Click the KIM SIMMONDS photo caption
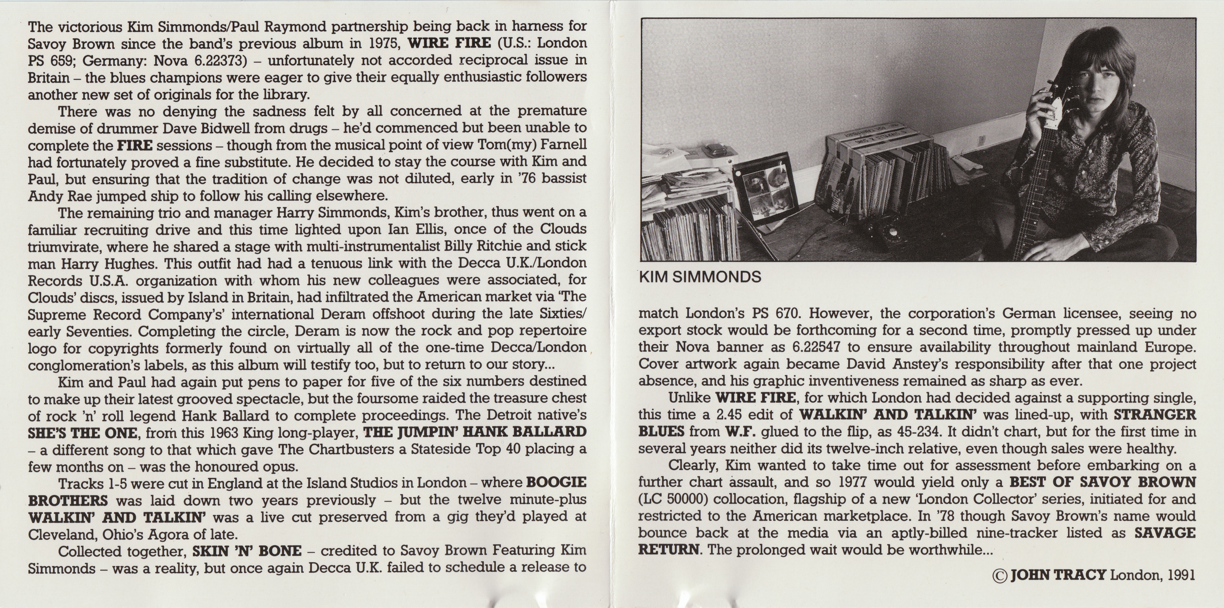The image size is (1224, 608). pyautogui.click(x=700, y=277)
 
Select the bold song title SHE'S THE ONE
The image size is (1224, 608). pyautogui.click(x=83, y=433)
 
